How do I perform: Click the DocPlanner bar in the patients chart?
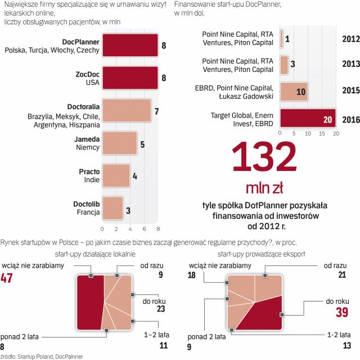pyautogui.click(x=130, y=46)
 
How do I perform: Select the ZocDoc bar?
pyautogui.click(x=130, y=79)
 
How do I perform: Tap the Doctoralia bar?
pyautogui.click(x=127, y=111)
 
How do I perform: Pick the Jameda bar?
pyautogui.click(x=119, y=143)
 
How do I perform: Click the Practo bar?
pyautogui.click(x=115, y=175)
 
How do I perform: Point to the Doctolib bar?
pyautogui.click(x=112, y=207)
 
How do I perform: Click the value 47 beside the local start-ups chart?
pyautogui.click(x=7, y=277)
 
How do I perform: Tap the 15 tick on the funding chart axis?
pyautogui.click(x=322, y=134)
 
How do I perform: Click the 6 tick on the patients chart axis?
pyautogui.click(x=144, y=229)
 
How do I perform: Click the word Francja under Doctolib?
pyautogui.click(x=88, y=212)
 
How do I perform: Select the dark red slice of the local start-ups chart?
pyautogui.click(x=89, y=303)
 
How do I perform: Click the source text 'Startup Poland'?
pyautogui.click(x=35, y=356)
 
